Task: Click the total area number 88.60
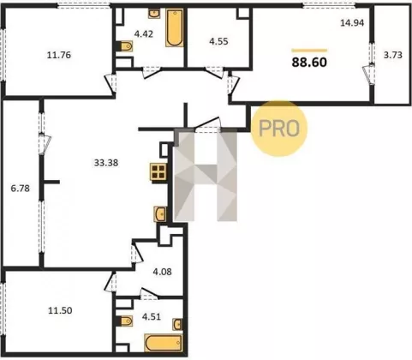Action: point(309,63)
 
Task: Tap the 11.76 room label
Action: point(59,55)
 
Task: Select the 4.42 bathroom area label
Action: point(144,34)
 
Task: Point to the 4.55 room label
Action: point(218,41)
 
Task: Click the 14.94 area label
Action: point(352,22)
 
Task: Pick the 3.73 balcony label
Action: point(393,55)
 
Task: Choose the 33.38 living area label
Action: point(106,163)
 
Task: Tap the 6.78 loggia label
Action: point(20,189)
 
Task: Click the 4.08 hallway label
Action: point(162,272)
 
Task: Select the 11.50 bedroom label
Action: point(60,310)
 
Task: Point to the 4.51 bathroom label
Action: point(152,317)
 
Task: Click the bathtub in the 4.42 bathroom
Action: point(174,27)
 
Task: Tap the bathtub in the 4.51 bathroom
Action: point(164,343)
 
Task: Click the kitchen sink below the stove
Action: point(160,213)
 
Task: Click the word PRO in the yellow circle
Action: point(279,129)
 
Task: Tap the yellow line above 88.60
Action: point(309,51)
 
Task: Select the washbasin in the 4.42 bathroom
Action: point(154,13)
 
